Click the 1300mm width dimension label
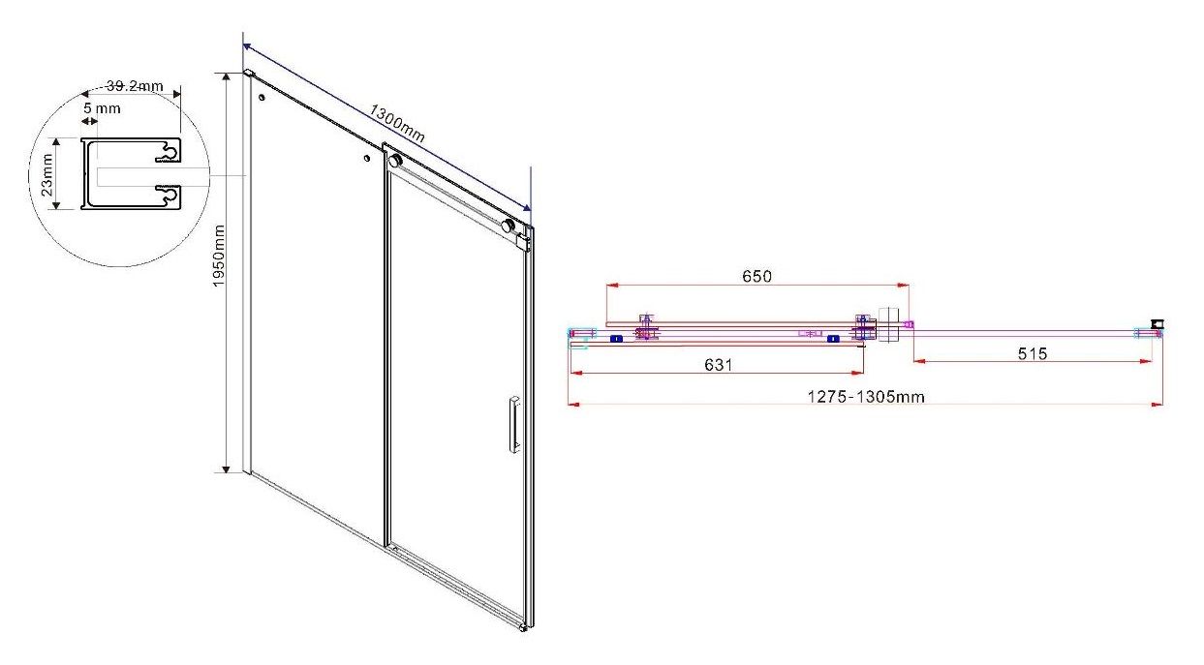(397, 123)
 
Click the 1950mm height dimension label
(218, 256)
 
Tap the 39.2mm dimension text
(135, 86)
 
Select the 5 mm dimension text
(102, 108)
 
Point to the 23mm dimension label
(46, 174)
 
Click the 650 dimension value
(756, 276)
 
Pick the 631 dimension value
(718, 365)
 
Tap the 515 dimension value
(1033, 353)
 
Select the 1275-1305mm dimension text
(866, 397)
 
